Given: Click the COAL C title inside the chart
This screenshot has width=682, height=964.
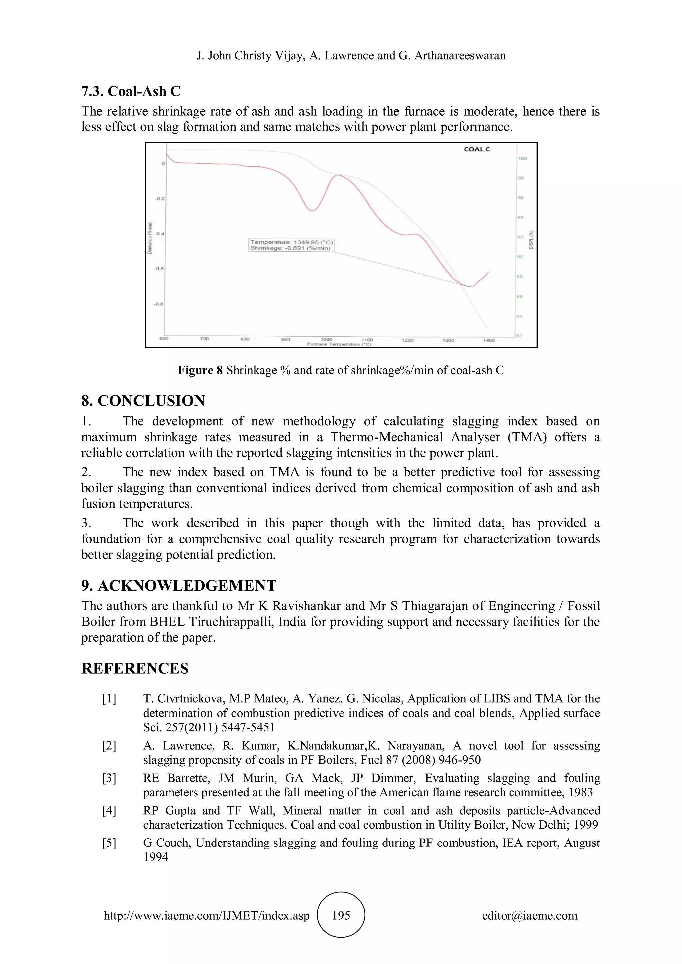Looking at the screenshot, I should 476,149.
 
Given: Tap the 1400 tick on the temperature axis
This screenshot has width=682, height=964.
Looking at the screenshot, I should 489,340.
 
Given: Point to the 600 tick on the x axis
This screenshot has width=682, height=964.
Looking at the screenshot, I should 164,339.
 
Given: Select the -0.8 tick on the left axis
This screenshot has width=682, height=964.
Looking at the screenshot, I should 160,304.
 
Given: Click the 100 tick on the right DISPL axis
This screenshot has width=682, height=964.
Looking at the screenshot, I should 523,159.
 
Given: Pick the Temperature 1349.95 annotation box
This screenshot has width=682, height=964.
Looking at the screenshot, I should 291,245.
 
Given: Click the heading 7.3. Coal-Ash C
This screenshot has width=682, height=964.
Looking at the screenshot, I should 131,91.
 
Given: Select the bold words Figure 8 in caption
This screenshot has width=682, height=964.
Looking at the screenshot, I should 200,370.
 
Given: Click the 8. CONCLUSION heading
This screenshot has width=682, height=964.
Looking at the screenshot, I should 143,401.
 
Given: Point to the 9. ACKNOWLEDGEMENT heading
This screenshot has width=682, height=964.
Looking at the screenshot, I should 178,586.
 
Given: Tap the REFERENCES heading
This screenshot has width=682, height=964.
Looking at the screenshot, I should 135,668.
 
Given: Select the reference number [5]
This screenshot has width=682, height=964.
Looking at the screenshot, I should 109,843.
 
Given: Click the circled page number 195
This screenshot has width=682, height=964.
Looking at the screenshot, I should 341,915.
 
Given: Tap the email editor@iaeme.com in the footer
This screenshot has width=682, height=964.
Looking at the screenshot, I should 529,916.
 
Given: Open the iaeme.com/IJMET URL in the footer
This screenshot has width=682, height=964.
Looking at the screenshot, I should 206,916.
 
